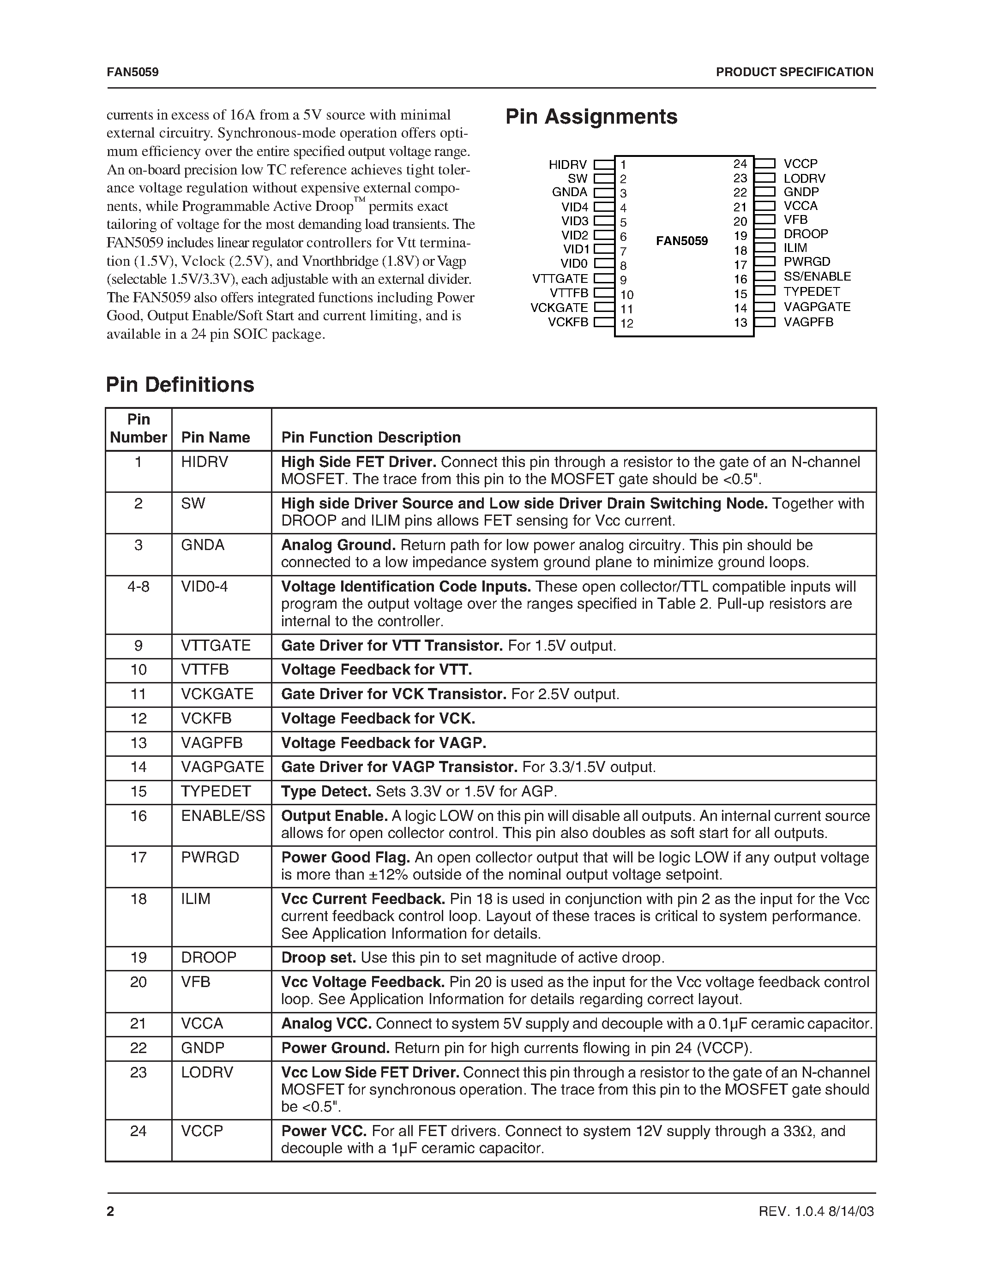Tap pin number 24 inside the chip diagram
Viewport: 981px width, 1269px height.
click(x=740, y=164)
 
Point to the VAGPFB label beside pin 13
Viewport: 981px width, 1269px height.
click(x=808, y=322)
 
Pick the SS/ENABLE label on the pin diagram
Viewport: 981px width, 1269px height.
click(x=817, y=276)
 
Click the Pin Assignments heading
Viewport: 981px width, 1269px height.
click(x=591, y=116)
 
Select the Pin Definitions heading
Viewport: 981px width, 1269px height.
click(x=180, y=385)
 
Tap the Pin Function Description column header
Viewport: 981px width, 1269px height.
click(x=371, y=437)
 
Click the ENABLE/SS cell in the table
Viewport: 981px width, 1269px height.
click(x=223, y=816)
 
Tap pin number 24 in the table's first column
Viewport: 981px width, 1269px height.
click(x=138, y=1131)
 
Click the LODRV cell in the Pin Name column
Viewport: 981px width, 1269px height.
click(x=207, y=1072)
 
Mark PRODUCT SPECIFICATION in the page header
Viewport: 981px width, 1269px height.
click(x=794, y=72)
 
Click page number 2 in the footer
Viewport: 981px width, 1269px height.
click(x=110, y=1211)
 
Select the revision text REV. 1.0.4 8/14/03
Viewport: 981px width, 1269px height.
click(x=816, y=1211)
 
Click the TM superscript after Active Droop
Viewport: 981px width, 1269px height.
click(x=359, y=200)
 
